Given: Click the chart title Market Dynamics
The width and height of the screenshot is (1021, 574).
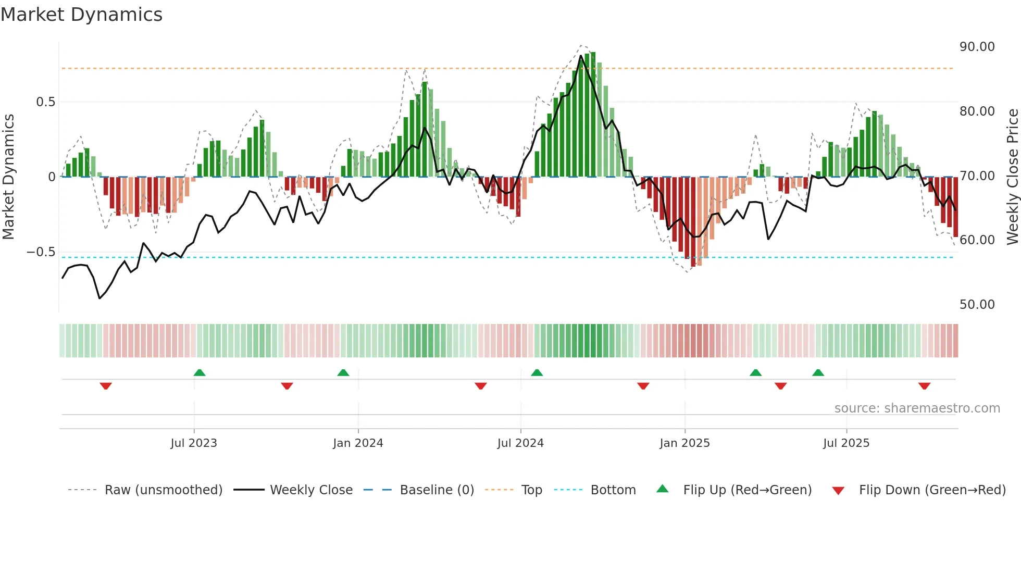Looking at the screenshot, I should (81, 15).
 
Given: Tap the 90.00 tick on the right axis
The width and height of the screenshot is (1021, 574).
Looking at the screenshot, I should (977, 47).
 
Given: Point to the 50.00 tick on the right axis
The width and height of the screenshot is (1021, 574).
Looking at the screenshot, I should (977, 305).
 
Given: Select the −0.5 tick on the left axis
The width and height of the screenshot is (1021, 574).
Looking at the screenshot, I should (41, 252).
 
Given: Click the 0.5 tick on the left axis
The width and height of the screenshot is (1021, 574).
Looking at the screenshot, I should (45, 102).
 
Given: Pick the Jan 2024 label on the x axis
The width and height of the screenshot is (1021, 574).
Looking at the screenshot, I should (358, 443).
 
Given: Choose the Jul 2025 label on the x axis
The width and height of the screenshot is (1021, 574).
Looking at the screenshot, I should (846, 443).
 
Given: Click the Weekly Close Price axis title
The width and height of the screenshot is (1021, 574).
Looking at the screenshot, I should (1012, 177).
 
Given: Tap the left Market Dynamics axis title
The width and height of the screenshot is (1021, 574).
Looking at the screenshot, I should (9, 177).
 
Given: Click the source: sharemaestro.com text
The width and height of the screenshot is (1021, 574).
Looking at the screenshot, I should (917, 408).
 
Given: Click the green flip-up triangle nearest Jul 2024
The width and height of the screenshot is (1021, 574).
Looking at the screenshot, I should (537, 372).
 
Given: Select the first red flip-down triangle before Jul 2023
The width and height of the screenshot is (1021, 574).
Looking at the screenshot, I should (106, 386).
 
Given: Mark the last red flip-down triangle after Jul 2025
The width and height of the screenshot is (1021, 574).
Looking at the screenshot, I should (924, 386).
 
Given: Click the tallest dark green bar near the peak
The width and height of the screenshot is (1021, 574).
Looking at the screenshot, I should (593, 115).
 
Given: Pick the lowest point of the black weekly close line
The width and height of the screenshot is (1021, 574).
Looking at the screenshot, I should (100, 298).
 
